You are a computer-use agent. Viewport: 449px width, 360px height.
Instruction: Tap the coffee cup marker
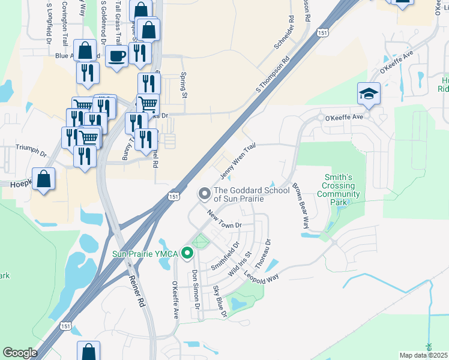(116, 56)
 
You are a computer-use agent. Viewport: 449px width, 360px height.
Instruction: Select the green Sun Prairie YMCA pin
(187, 254)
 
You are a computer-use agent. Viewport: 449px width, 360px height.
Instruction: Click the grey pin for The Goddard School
(204, 193)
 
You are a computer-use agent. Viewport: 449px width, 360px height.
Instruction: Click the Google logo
(20, 353)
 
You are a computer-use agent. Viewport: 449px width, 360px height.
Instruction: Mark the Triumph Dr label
(31, 150)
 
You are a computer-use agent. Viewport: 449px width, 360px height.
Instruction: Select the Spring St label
(184, 86)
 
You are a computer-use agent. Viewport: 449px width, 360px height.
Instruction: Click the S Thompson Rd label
(273, 74)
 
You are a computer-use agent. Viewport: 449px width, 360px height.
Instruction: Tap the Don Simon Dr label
(196, 288)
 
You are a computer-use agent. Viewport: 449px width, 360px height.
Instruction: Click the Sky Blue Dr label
(220, 301)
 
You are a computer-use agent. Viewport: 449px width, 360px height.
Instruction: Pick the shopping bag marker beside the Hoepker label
(44, 179)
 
